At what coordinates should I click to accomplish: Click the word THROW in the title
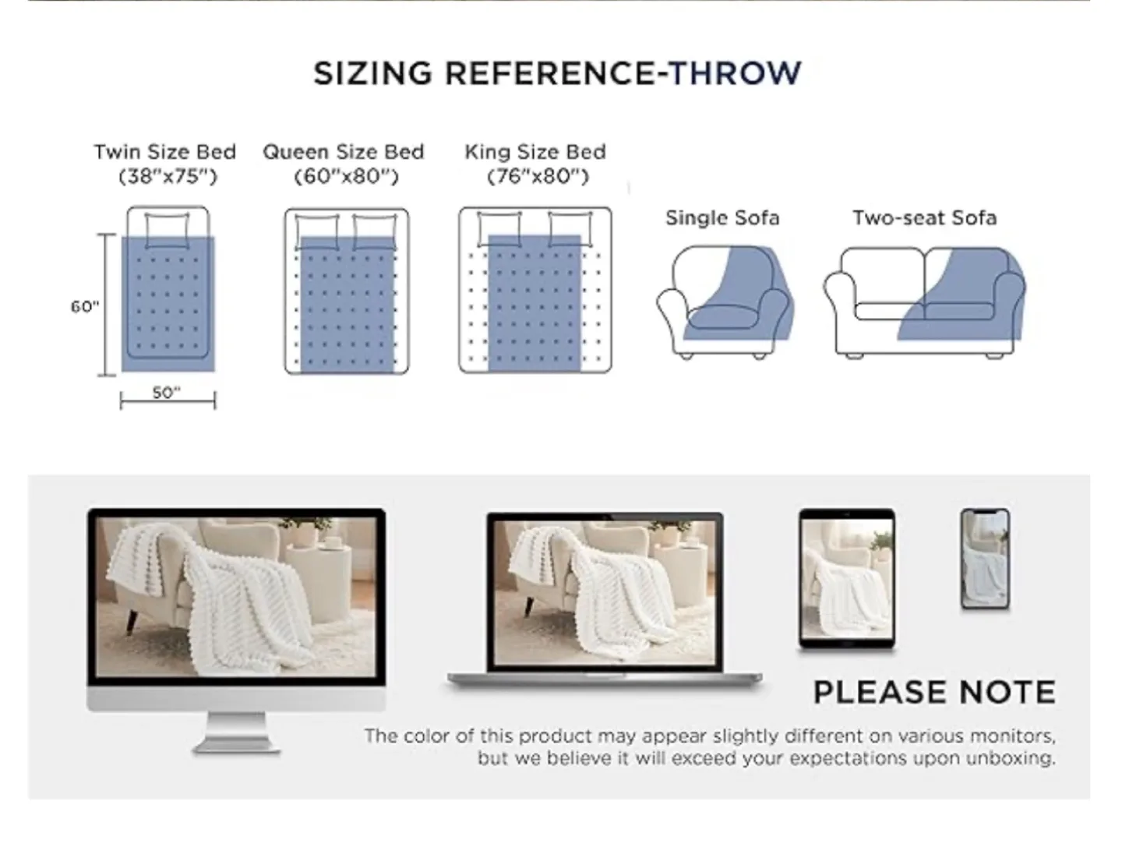pyautogui.click(x=735, y=73)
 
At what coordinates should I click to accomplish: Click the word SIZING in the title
pyautogui.click(x=372, y=73)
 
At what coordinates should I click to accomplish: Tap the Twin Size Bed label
pyautogui.click(x=164, y=152)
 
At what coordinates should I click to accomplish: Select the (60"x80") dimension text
pyautogui.click(x=346, y=177)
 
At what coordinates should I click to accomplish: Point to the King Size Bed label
pyautogui.click(x=535, y=152)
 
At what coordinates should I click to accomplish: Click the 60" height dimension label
pyautogui.click(x=84, y=306)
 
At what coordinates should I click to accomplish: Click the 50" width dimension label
pyautogui.click(x=166, y=393)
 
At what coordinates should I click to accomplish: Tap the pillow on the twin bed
pyautogui.click(x=168, y=225)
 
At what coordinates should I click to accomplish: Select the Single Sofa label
pyautogui.click(x=722, y=218)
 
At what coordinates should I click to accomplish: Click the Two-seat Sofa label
pyautogui.click(x=924, y=218)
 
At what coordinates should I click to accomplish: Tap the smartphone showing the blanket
pyautogui.click(x=985, y=558)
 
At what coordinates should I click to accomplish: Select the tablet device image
pyautogui.click(x=847, y=578)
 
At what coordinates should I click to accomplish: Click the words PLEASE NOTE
pyautogui.click(x=934, y=693)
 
